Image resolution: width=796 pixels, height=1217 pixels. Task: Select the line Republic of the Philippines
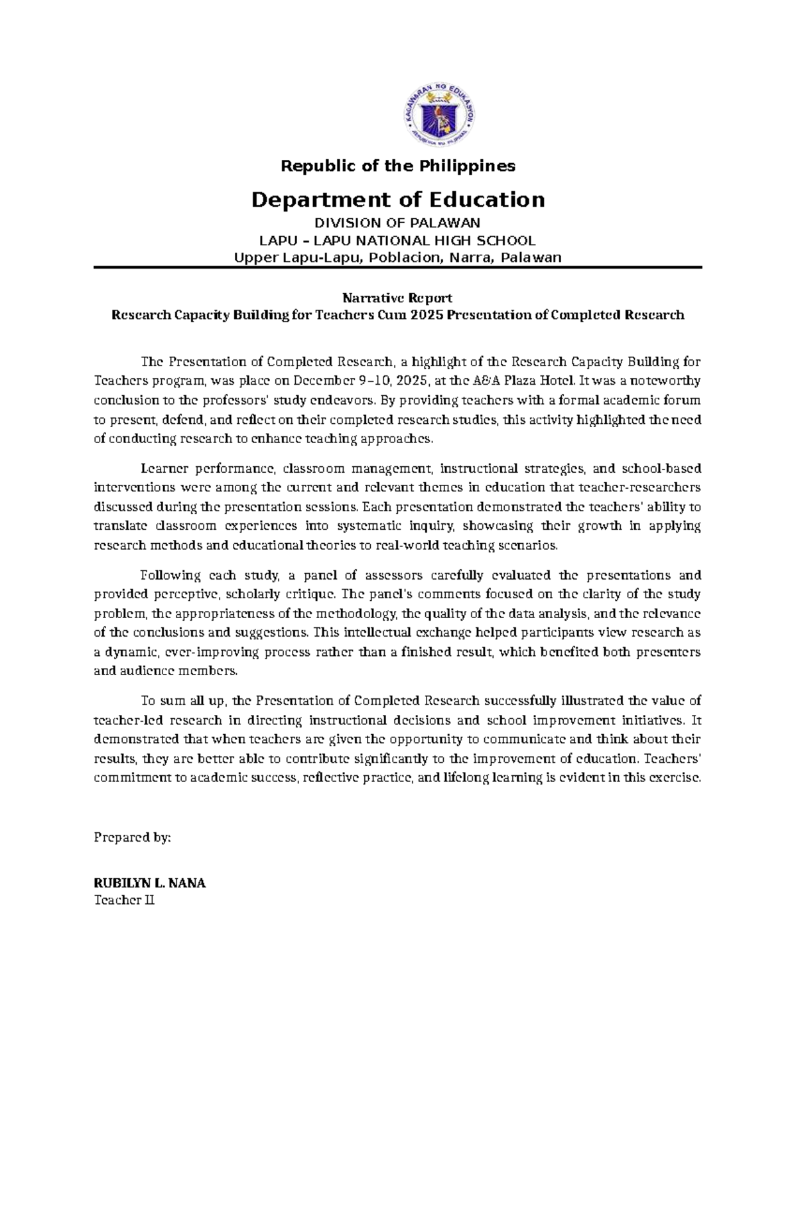(x=398, y=166)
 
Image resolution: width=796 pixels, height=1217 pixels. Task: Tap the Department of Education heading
(x=398, y=200)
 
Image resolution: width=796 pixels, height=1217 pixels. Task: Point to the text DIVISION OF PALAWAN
(x=398, y=223)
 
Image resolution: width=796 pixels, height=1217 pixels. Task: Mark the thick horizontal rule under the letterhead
(x=398, y=267)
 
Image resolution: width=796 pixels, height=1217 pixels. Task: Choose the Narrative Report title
(x=397, y=298)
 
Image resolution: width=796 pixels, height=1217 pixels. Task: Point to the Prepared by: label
(x=133, y=837)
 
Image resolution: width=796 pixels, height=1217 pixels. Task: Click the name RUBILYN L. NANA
(x=150, y=883)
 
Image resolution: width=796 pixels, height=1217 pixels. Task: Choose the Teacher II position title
(x=124, y=900)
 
